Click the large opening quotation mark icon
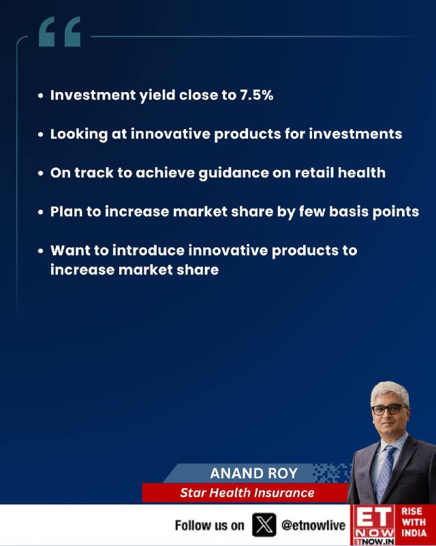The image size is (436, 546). pyautogui.click(x=59, y=31)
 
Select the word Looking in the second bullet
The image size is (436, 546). pyautogui.click(x=79, y=134)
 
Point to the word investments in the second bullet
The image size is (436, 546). pyautogui.click(x=356, y=134)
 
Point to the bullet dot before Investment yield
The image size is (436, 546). pyautogui.click(x=41, y=96)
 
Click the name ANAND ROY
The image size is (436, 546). pyautogui.click(x=254, y=473)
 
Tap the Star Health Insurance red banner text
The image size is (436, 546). pyautogui.click(x=247, y=493)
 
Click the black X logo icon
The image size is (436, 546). pyautogui.click(x=264, y=525)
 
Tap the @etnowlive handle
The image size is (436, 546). pyautogui.click(x=313, y=525)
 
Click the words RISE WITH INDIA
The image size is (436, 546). pyautogui.click(x=414, y=522)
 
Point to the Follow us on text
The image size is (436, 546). pyautogui.click(x=210, y=525)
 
